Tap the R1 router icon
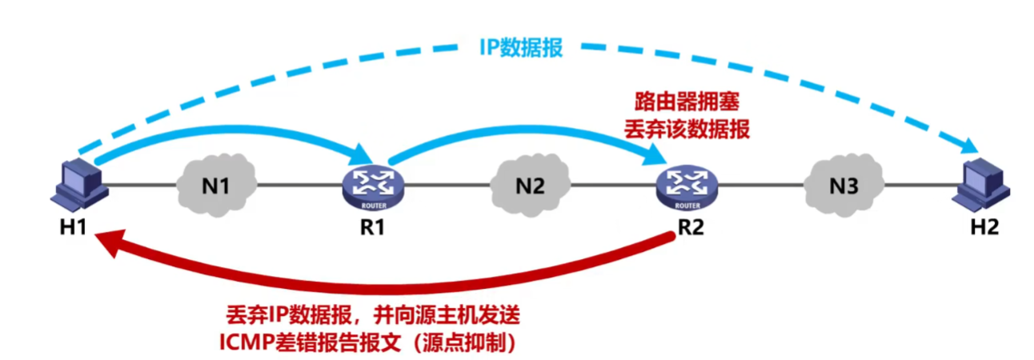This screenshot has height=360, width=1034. [x=373, y=188]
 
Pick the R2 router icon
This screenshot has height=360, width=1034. [x=687, y=188]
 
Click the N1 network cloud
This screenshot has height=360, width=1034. [x=217, y=186]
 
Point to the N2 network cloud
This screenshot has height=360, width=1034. [x=530, y=186]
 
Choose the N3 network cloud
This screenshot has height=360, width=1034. [x=844, y=186]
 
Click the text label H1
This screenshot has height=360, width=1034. [x=74, y=227]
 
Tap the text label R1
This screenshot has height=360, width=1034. [x=372, y=227]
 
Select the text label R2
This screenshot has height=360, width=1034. [x=691, y=227]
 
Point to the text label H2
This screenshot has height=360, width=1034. [x=984, y=227]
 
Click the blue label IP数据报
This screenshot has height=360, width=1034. [x=521, y=47]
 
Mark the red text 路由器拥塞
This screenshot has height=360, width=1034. [x=687, y=102]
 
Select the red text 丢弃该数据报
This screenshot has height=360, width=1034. [x=687, y=129]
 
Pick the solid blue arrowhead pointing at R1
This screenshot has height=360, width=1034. [x=362, y=154]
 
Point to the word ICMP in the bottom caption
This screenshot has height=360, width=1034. [x=246, y=342]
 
